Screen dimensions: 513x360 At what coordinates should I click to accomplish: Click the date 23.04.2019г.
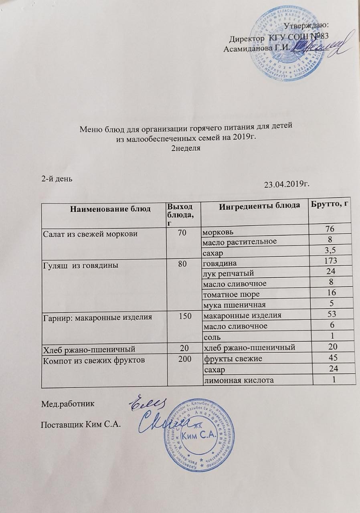click(x=287, y=185)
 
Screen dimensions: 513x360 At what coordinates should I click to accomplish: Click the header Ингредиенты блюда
click(x=254, y=205)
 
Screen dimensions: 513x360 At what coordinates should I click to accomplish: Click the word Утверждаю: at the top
click(x=306, y=27)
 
